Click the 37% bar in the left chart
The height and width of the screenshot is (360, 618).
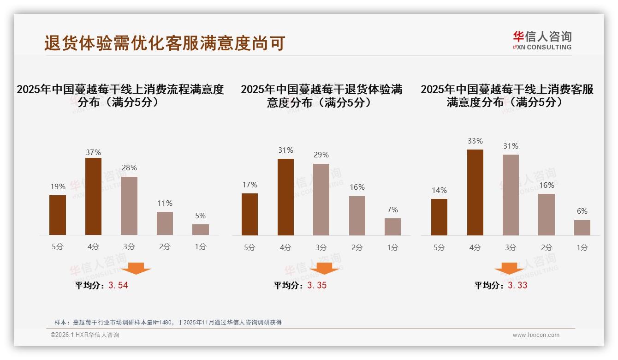pos(93,196)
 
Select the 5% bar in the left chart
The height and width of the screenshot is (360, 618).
pos(201,229)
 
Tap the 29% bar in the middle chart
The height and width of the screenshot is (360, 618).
pos(321,199)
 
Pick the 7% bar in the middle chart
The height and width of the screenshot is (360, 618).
pos(392,227)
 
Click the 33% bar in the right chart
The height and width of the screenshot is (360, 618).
pos(475,192)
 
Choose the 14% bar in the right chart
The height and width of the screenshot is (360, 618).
pos(439,217)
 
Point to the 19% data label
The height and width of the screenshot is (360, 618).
pos(58,187)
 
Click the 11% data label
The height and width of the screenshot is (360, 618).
pos(165,203)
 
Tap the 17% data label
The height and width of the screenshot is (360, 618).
pos(250,185)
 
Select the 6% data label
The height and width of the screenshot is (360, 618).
pos(582,211)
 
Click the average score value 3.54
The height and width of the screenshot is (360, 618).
pos(118,285)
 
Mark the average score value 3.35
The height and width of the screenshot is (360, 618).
pos(316,285)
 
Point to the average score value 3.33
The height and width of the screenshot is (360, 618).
pos(517,285)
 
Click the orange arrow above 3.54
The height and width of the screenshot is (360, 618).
pos(136,269)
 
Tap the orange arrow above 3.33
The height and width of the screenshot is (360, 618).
pos(509,269)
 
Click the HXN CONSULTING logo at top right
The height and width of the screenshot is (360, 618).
pos(542,41)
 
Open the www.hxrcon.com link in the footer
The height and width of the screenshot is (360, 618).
pos(536,335)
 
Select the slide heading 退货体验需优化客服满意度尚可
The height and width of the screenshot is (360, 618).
pos(165,43)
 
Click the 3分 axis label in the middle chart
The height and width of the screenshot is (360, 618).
pos(321,247)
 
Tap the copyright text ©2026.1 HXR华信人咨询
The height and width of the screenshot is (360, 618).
pos(85,335)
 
